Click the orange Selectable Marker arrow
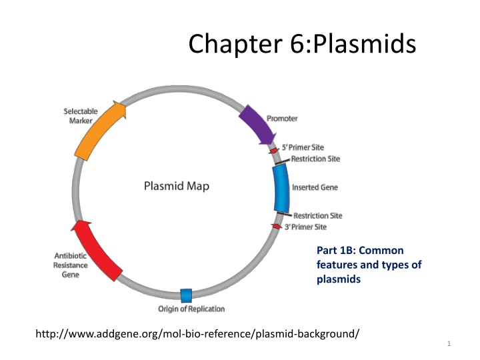[100, 129]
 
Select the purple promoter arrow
[256, 123]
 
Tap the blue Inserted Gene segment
[281, 187]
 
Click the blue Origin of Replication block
[187, 295]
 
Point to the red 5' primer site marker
[274, 151]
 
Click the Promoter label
[282, 119]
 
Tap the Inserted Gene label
[314, 188]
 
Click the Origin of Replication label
[191, 309]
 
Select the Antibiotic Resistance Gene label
[70, 265]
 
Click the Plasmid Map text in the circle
[177, 186]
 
